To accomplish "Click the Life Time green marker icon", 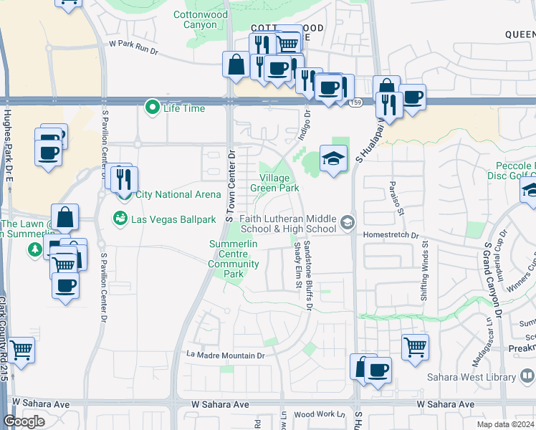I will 152,108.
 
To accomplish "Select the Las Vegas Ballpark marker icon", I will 120,219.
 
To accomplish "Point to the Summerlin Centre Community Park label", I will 233,259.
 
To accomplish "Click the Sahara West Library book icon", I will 527,375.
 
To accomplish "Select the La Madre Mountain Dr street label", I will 226,355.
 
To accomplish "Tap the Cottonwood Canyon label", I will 195,19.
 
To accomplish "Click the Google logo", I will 24,421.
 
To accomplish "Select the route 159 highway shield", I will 356,104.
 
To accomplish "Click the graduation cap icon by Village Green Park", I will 333,157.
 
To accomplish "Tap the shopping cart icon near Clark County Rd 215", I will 21,350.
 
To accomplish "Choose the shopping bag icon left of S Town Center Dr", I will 236,65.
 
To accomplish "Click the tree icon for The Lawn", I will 34,249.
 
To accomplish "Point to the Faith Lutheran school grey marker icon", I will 348,221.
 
